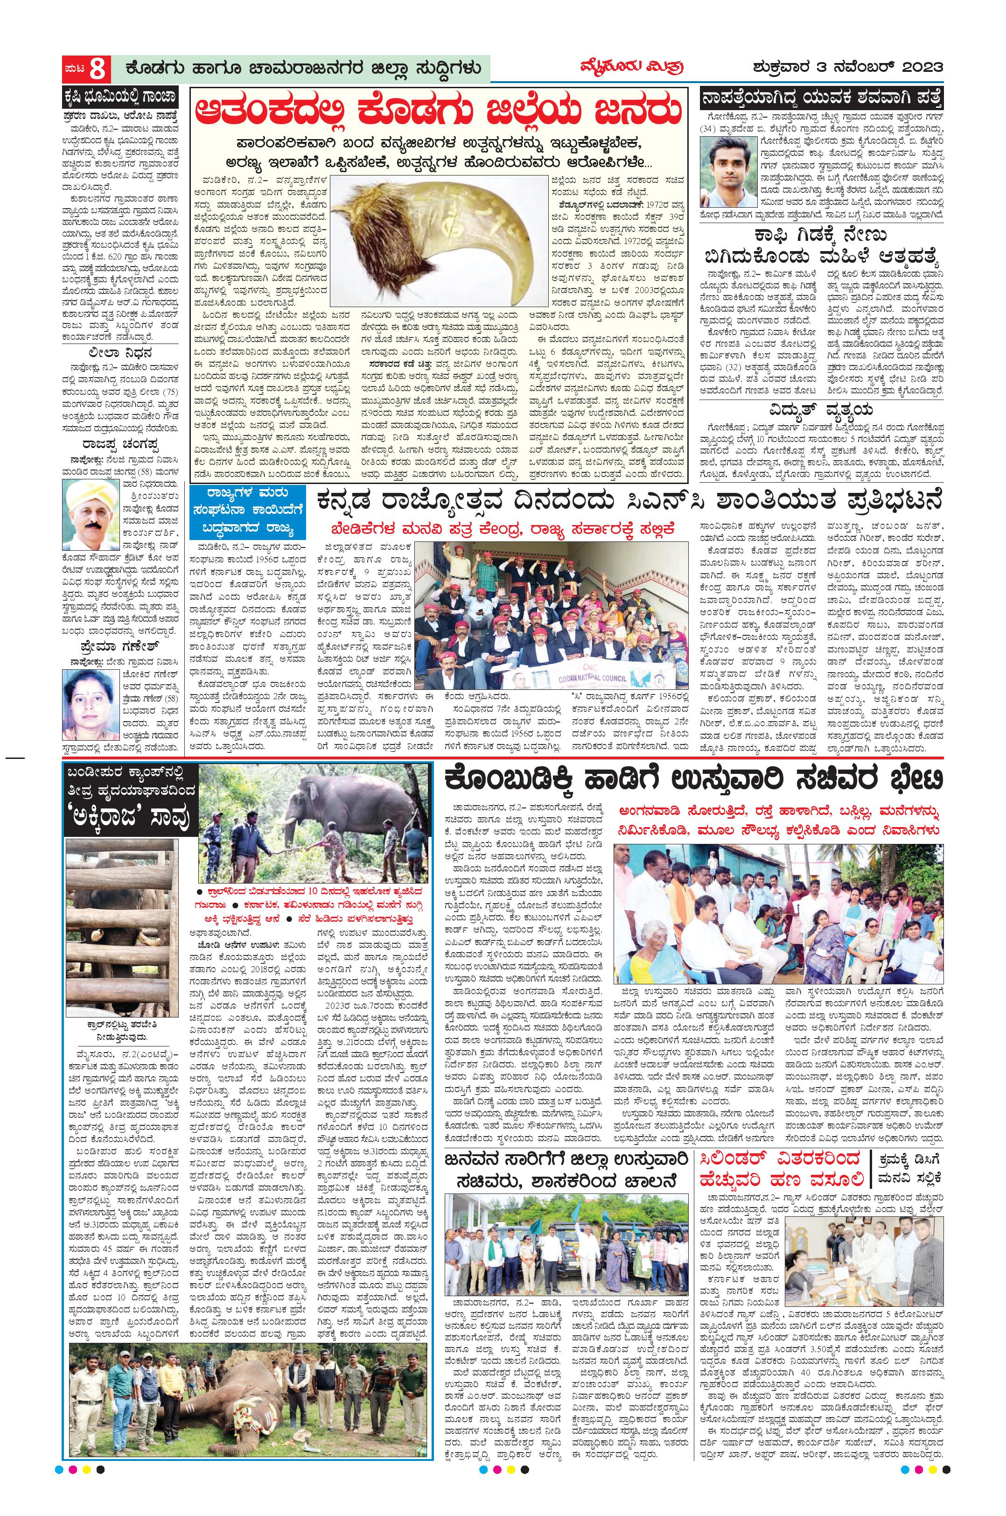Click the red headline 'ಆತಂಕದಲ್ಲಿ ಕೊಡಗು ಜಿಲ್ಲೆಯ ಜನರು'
click(x=437, y=112)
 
